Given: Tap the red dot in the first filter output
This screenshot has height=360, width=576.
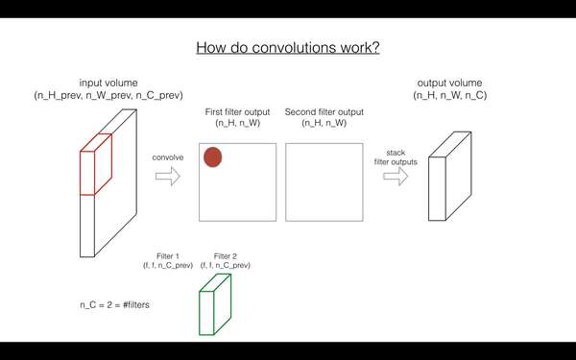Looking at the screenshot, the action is click(212, 156).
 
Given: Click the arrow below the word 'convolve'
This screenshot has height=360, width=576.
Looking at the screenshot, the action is click(168, 176).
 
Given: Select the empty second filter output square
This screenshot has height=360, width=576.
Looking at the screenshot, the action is click(324, 181).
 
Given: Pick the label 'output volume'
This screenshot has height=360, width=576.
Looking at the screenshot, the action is click(448, 84).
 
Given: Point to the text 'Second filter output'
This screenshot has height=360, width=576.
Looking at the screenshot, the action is click(324, 112).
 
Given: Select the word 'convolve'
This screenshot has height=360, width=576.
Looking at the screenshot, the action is click(168, 155).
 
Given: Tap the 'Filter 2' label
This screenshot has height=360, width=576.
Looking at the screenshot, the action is click(226, 256).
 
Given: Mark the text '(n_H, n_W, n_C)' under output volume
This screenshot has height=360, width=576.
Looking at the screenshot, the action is click(448, 96).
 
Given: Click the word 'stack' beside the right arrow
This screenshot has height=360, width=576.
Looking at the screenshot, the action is click(396, 152).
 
